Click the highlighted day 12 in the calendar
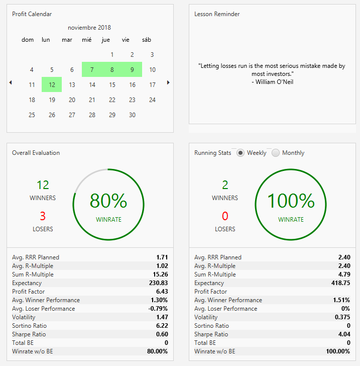(x=52, y=84)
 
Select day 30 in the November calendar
(x=132, y=115)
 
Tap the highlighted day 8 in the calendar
(x=112, y=69)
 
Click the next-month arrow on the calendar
(x=168, y=82)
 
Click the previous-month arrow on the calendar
(x=11, y=82)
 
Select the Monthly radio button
(x=276, y=153)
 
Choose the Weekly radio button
(x=241, y=153)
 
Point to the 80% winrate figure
(x=108, y=201)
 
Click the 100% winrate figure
(x=291, y=201)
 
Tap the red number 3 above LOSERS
(x=43, y=216)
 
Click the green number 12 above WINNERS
(x=43, y=185)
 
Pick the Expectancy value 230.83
(x=158, y=283)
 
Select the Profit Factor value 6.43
(x=162, y=292)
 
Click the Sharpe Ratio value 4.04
(x=344, y=334)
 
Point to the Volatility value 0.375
(x=342, y=317)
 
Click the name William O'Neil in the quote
(x=275, y=82)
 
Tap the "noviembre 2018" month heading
(x=89, y=28)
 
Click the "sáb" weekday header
(x=147, y=40)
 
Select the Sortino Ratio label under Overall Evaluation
(x=30, y=326)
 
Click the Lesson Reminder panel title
(x=217, y=14)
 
